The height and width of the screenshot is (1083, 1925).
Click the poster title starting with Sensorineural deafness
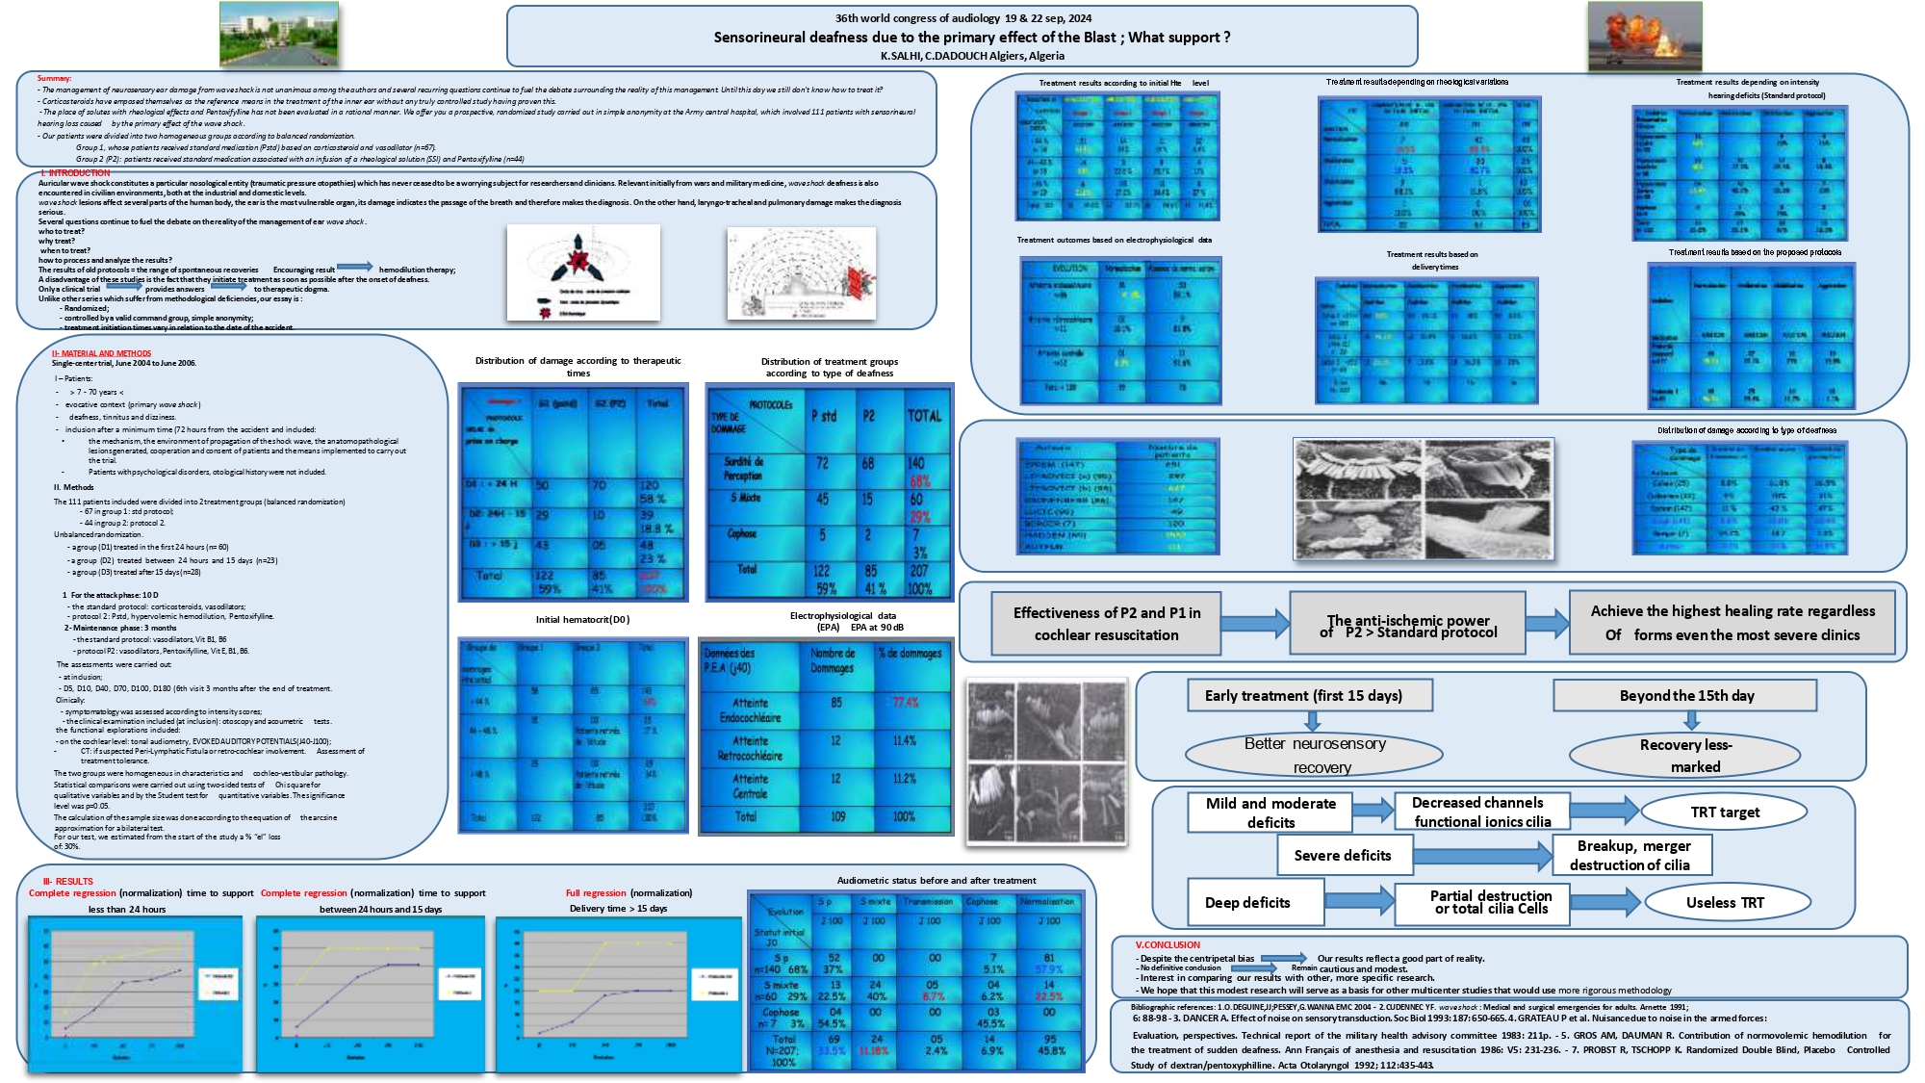(971, 38)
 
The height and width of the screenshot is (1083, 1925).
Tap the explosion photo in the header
(1645, 37)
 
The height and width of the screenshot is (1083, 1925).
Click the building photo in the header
(279, 34)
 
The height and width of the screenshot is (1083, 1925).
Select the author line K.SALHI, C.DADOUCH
(972, 56)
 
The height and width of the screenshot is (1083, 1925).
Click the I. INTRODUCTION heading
(76, 173)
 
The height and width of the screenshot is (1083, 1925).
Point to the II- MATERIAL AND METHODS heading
(101, 353)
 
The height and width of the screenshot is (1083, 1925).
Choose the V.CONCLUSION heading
(1168, 945)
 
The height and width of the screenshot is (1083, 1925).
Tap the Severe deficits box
(1342, 855)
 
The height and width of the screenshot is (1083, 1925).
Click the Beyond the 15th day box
(1685, 695)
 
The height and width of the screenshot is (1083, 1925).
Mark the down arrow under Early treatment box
(1311, 721)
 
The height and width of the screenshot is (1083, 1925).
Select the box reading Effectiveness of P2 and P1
(1106, 623)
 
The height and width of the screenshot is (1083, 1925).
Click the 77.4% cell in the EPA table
(906, 702)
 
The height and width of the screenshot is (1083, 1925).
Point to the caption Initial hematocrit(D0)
(582, 620)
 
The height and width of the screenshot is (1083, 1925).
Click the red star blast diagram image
(583, 272)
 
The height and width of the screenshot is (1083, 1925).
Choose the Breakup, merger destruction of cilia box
(1632, 855)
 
